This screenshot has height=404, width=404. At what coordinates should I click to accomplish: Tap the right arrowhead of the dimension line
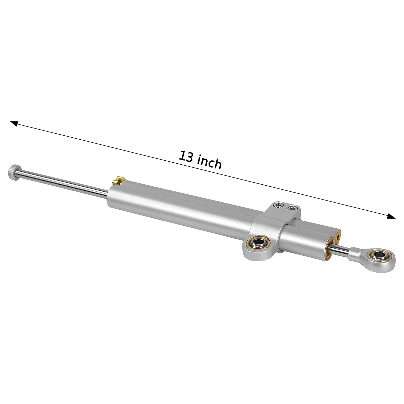click(x=391, y=216)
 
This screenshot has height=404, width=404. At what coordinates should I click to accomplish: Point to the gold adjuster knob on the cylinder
click(x=118, y=181)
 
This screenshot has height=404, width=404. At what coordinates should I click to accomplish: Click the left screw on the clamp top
click(x=279, y=206)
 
